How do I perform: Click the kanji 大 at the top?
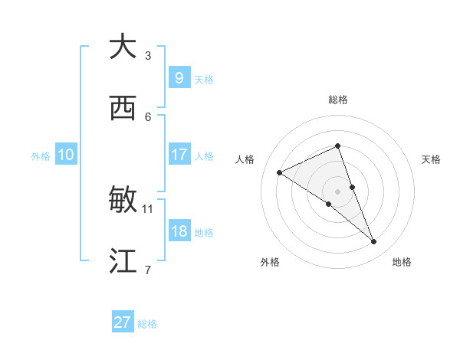click(x=123, y=47)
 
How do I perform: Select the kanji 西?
click(x=123, y=109)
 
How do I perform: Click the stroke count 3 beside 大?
click(x=148, y=55)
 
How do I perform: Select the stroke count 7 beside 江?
click(x=148, y=270)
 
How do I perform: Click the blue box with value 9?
click(x=179, y=77)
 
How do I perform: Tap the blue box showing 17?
click(x=179, y=154)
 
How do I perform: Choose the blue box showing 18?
click(x=179, y=231)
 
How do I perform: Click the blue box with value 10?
click(x=66, y=155)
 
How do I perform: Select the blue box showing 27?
click(x=123, y=322)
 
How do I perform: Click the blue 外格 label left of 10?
click(x=41, y=155)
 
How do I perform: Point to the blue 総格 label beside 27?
click(x=147, y=324)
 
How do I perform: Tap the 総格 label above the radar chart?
click(x=338, y=100)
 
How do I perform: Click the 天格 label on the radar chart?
click(x=432, y=159)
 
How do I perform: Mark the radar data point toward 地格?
click(x=374, y=242)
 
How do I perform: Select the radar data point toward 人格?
click(x=279, y=172)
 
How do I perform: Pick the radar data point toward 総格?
click(x=338, y=146)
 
